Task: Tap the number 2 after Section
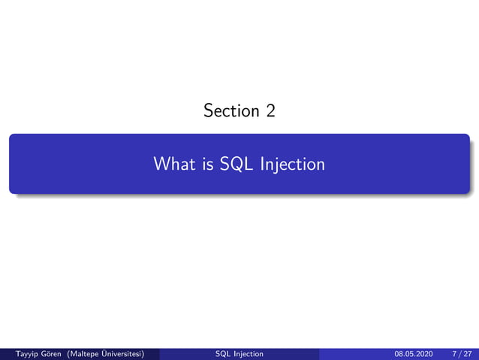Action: coord(270,111)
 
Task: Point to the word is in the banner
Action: coord(208,163)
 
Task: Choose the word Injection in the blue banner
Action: coord(292,163)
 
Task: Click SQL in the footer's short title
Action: coord(223,353)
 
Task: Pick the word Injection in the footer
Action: coord(249,353)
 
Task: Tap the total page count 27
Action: coord(468,353)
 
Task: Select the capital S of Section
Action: coord(207,111)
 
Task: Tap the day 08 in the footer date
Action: coord(399,353)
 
